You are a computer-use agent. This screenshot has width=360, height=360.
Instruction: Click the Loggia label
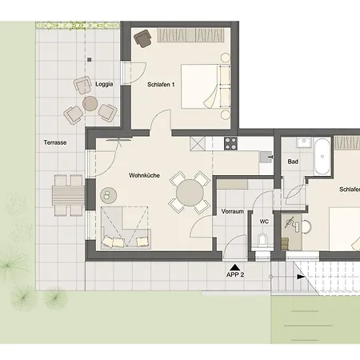pyautogui.click(x=104, y=84)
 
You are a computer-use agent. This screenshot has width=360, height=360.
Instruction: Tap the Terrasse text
pyautogui.click(x=55, y=142)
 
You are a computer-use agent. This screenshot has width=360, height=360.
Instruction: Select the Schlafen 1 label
pyautogui.click(x=161, y=85)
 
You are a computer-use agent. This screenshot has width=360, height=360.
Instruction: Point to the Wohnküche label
pyautogui.click(x=144, y=175)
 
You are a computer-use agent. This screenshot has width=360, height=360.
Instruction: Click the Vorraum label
pyautogui.click(x=233, y=211)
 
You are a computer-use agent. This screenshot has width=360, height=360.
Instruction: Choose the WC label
pyautogui.click(x=264, y=222)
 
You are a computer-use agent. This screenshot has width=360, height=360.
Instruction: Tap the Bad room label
pyautogui.click(x=293, y=162)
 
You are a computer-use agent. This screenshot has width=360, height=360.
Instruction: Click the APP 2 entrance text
pyautogui.click(x=235, y=274)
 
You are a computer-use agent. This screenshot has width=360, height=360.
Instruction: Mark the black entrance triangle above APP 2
pyautogui.click(x=234, y=267)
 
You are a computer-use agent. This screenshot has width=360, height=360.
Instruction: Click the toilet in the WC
pyautogui.click(x=262, y=239)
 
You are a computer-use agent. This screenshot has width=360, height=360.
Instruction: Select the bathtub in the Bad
pyautogui.click(x=322, y=157)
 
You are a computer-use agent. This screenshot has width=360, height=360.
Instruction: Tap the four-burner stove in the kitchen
pyautogui.click(x=230, y=143)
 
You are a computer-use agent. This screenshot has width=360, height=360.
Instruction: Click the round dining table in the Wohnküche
pyautogui.click(x=190, y=193)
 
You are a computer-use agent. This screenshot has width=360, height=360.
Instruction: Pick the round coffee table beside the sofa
pyautogui.click(x=108, y=195)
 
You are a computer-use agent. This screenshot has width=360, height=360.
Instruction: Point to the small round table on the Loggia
pyautogui.click(x=90, y=104)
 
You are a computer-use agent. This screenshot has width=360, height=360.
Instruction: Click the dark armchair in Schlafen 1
pyautogui.click(x=142, y=39)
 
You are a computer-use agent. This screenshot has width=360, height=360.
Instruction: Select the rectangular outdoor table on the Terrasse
pyautogui.click(x=69, y=195)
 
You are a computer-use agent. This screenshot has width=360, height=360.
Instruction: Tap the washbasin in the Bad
pyautogui.click(x=303, y=142)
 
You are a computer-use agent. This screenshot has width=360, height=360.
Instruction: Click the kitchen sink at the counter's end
pyautogui.click(x=266, y=157)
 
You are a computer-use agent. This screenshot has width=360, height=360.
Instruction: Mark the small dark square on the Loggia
pyautogui.click(x=90, y=60)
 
